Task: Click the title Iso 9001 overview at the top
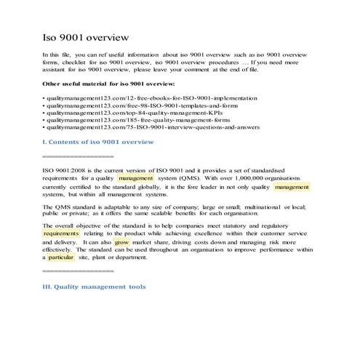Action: point(86,36)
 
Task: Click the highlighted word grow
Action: point(122,242)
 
